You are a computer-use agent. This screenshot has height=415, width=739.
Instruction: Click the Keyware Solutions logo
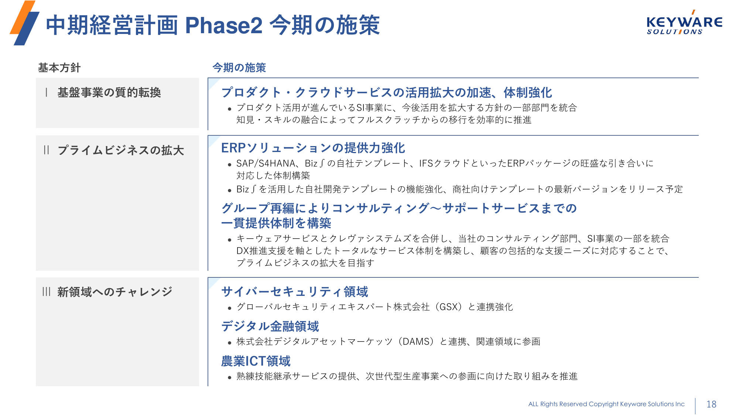684,23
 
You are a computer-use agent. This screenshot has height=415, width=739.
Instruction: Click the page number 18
711,404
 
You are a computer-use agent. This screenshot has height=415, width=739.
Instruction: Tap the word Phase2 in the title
224,25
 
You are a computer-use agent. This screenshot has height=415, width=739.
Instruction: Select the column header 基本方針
59,68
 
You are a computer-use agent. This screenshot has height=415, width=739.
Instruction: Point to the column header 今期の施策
239,68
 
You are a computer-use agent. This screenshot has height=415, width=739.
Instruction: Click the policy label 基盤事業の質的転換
109,92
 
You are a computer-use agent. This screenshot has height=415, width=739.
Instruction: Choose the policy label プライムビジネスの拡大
121,150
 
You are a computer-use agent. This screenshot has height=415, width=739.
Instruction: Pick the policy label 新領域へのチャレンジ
115,292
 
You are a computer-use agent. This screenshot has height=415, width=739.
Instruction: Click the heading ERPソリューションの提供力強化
313,148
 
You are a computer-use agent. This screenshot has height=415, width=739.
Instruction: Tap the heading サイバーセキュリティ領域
295,292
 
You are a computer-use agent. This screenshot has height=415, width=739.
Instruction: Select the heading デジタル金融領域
270,326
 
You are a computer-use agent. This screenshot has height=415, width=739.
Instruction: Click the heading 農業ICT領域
256,361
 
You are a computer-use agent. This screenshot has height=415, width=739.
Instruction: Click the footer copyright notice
606,404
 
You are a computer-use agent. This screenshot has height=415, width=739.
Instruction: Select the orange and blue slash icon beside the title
24,23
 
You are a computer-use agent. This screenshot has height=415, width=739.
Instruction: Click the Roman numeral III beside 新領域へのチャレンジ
46,292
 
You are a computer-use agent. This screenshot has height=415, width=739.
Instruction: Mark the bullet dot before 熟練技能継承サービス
229,377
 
